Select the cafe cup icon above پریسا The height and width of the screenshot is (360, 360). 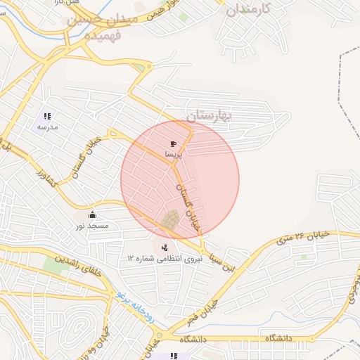click(x=173, y=143)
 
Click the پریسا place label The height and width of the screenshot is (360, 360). click(x=173, y=153)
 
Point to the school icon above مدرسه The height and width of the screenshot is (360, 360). click(x=47, y=117)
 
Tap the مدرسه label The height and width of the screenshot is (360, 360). click(x=47, y=127)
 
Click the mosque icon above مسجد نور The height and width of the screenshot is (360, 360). click(x=92, y=215)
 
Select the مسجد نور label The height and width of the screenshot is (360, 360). click(x=92, y=226)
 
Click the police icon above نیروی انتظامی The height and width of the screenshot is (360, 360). click(x=165, y=247)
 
